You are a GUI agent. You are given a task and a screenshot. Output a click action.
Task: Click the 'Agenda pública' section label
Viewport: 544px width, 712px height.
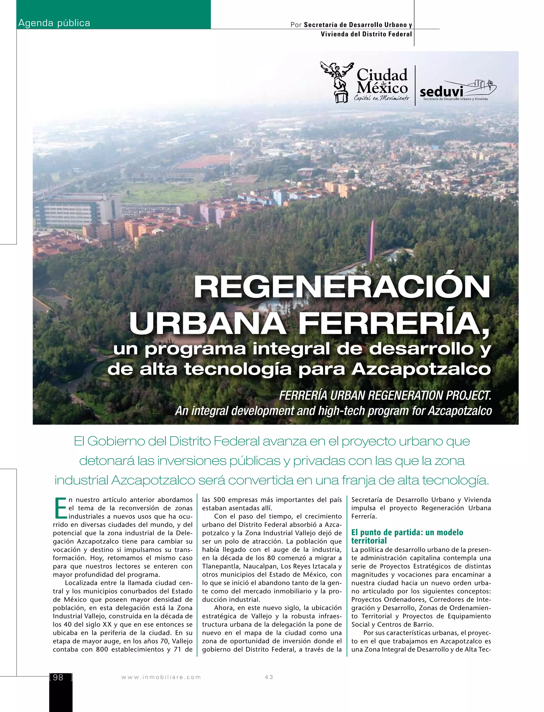[54, 23]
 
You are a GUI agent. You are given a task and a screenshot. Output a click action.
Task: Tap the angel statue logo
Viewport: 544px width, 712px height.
[337, 82]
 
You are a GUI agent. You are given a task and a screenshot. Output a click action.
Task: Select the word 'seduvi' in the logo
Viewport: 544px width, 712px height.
[441, 92]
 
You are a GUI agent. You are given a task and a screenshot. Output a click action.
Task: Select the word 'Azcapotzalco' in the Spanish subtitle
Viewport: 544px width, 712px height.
[421, 369]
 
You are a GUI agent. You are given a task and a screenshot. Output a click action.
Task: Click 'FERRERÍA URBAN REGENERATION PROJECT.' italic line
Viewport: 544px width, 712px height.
[385, 395]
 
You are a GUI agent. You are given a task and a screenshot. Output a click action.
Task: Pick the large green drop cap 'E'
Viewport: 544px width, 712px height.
[60, 508]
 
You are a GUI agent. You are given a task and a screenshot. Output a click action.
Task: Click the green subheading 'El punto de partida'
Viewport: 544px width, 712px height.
[407, 532]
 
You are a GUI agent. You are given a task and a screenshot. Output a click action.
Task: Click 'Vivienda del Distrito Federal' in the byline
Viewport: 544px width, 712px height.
[366, 34]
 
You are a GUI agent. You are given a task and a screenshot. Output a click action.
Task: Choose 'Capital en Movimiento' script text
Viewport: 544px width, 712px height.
[381, 98]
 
